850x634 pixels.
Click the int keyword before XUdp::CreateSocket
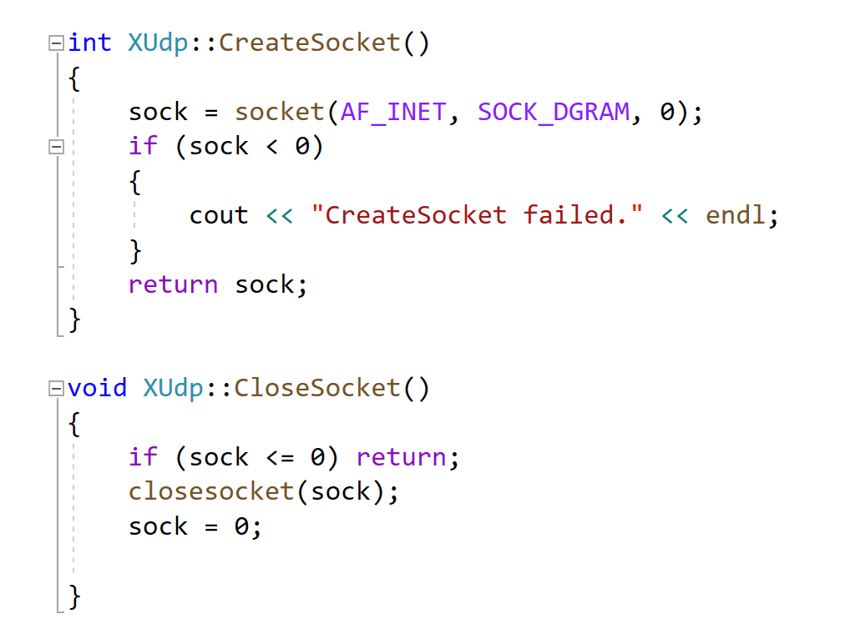tap(89, 43)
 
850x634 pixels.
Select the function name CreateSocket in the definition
tap(310, 43)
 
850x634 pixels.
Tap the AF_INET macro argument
tap(393, 112)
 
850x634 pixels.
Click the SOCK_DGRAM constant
tap(553, 112)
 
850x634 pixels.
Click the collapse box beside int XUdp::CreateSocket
tap(56, 43)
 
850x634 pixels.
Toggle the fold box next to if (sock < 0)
tap(56, 147)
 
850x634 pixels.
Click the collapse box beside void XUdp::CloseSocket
tap(56, 389)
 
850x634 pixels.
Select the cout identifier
tap(219, 216)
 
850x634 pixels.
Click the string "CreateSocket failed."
tap(477, 216)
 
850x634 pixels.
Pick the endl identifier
tap(735, 216)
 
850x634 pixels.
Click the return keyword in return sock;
tap(173, 285)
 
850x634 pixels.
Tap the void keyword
tap(97, 389)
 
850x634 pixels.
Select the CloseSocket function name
tap(317, 389)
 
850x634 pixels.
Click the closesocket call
tap(211, 491)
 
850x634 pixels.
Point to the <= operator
tap(280, 458)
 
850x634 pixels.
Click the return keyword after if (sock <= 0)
tap(401, 458)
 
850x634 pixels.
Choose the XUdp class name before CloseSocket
tap(173, 389)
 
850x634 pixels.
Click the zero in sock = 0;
tap(241, 527)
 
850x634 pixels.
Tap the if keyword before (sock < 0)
tap(143, 147)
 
